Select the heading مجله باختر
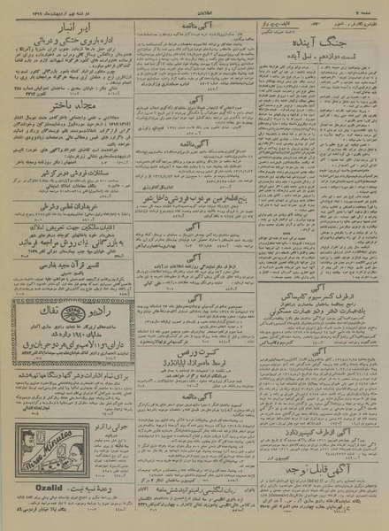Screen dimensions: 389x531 [x=67, y=101]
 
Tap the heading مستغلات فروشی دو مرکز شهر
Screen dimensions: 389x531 [x=67, y=174]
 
